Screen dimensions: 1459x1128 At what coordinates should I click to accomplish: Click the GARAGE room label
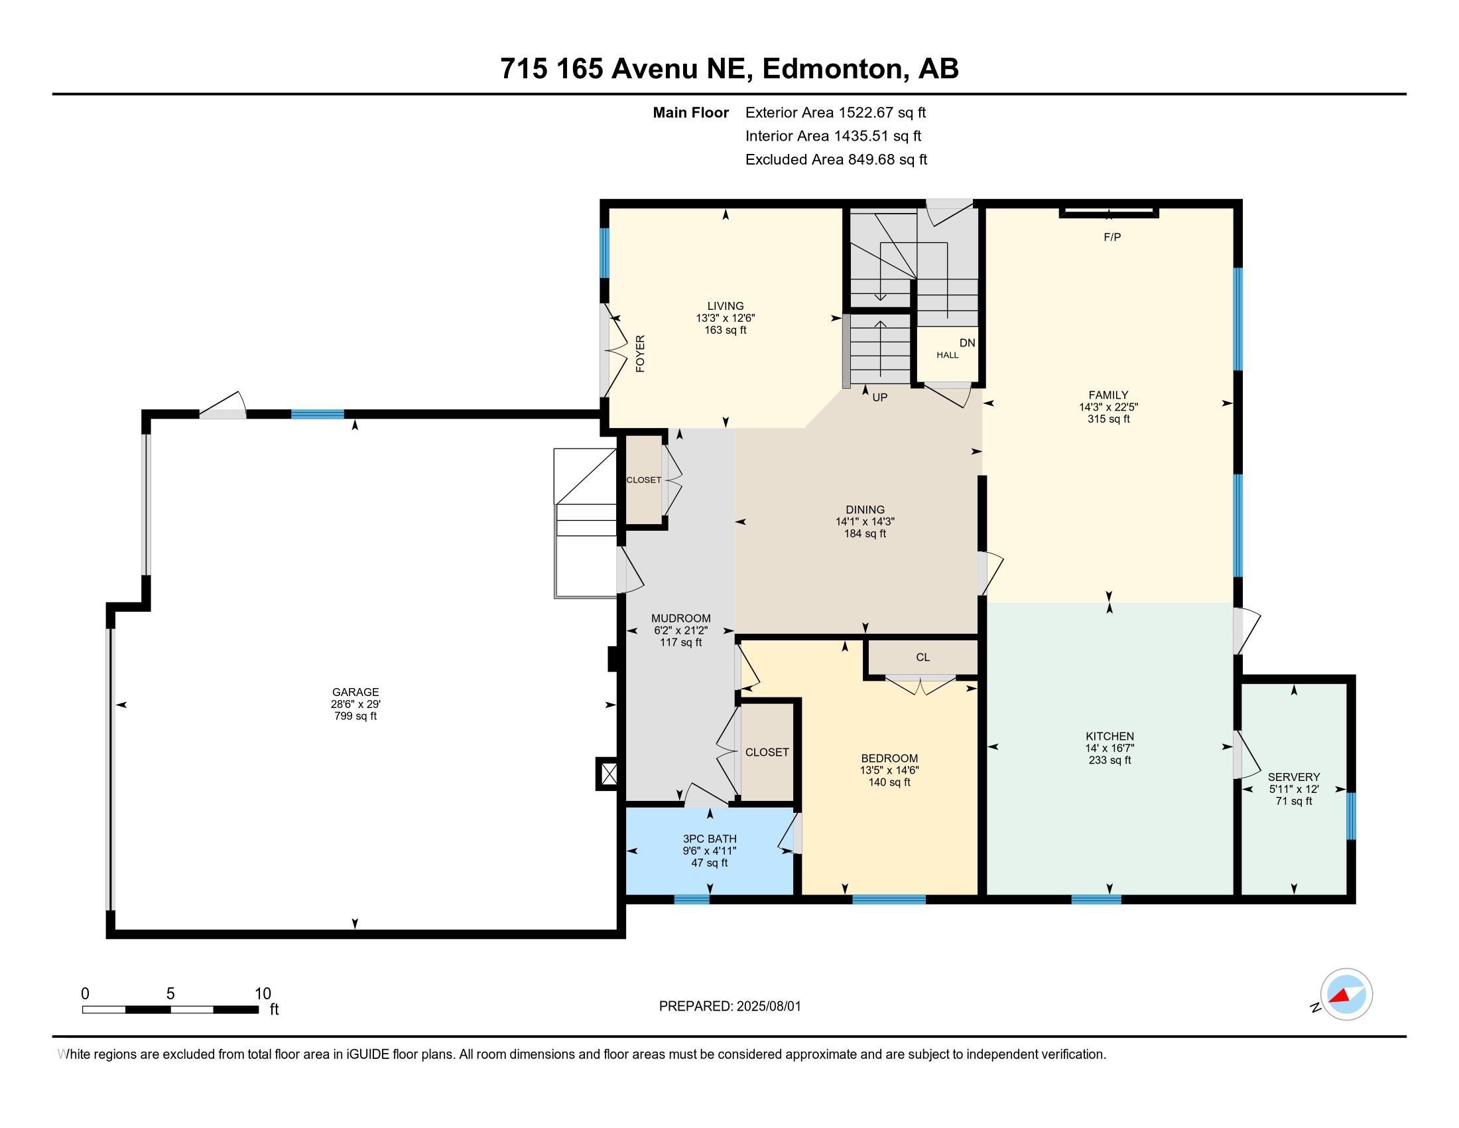[x=355, y=692]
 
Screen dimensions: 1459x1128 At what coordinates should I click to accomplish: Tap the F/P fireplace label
[x=1112, y=238]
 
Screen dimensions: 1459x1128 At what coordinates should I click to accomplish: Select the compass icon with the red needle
[x=1346, y=995]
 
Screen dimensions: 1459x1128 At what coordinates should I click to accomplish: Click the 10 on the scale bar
[x=263, y=994]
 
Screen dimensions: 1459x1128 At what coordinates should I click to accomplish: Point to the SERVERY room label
[x=1294, y=777]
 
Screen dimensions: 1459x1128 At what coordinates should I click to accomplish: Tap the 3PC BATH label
[x=710, y=839]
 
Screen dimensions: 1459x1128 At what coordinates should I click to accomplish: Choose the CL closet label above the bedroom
[x=922, y=658]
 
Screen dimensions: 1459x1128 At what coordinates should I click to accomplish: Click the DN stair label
[x=968, y=343]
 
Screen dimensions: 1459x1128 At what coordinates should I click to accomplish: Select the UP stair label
[x=880, y=397]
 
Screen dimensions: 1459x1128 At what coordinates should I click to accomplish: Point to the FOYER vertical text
[x=640, y=354]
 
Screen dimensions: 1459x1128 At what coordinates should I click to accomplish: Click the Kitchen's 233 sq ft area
[x=1110, y=760]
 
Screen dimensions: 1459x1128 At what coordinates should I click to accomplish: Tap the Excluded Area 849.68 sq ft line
[x=836, y=160]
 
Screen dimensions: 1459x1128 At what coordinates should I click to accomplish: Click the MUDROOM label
[x=681, y=619]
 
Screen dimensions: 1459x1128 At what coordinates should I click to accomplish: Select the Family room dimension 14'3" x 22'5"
[x=1109, y=407]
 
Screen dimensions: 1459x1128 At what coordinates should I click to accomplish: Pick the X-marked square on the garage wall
[x=609, y=774]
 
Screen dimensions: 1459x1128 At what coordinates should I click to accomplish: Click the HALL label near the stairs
[x=947, y=356]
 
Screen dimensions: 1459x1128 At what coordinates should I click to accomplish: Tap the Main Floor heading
[x=691, y=113]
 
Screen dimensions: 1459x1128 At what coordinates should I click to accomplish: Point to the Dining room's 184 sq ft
[x=865, y=534]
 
